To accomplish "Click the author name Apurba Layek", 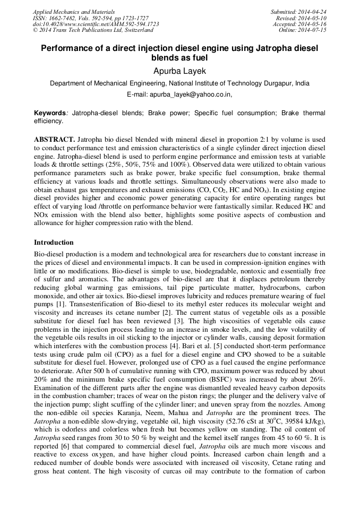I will (179, 71).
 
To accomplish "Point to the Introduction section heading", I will (54, 243).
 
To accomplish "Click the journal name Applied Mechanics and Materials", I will (73, 12).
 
